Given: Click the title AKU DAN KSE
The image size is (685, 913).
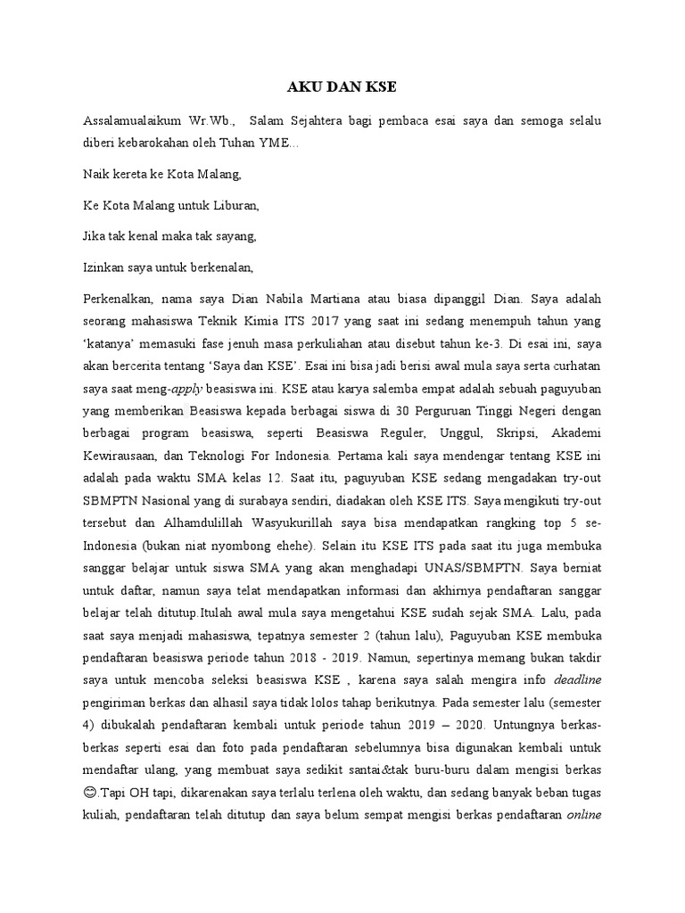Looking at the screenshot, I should [342, 87].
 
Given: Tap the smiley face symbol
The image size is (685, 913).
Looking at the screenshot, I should [90, 793].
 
